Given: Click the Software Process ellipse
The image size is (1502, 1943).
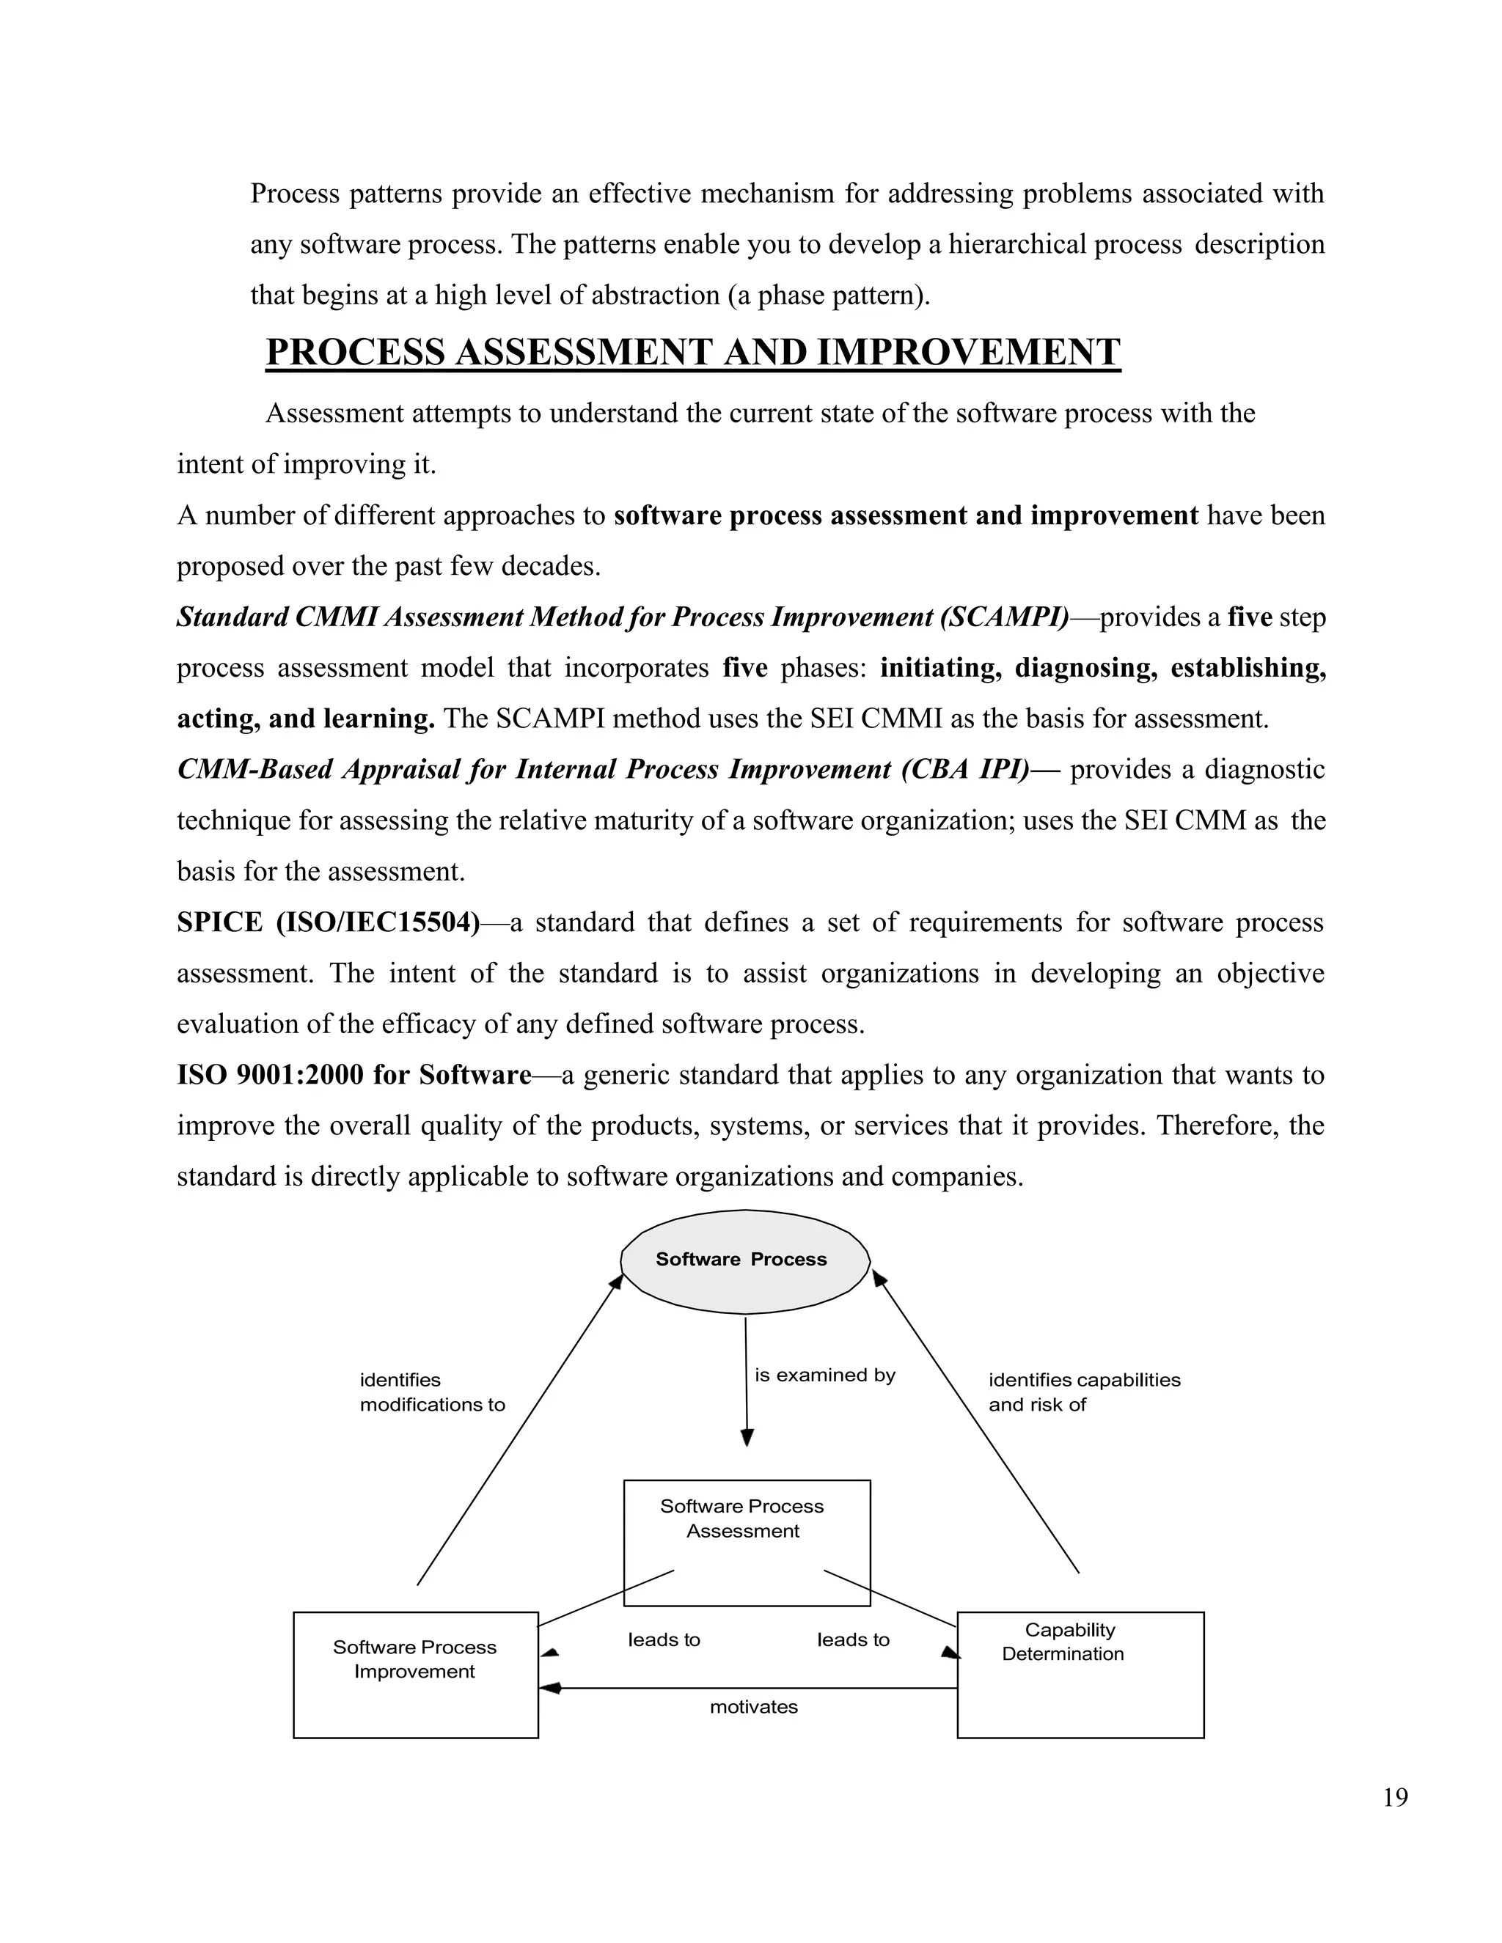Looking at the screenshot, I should (x=744, y=1260).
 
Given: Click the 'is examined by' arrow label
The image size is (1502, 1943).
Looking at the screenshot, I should (x=824, y=1375).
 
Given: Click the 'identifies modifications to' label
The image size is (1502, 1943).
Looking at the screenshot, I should (x=431, y=1392).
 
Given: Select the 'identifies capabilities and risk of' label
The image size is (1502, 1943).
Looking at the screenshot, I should (x=1083, y=1392).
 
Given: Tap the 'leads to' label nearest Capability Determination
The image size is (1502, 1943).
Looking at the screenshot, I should (x=852, y=1639).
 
